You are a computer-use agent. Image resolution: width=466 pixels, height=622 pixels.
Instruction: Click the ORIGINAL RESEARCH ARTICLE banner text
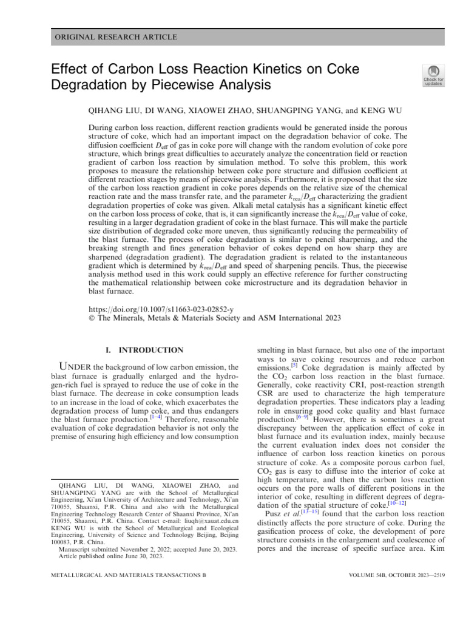(x=116, y=37)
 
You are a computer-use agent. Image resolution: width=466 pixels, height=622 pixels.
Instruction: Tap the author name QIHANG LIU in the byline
(x=118, y=111)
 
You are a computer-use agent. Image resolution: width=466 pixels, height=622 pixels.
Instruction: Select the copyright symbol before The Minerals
(x=92, y=317)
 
